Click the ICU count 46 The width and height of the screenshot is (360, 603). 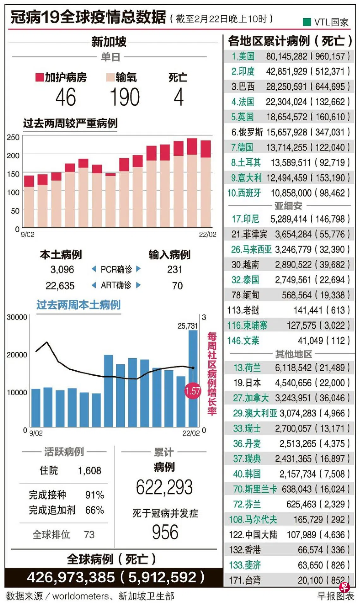(66, 97)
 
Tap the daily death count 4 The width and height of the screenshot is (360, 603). (178, 97)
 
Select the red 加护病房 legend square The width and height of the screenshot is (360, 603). (39, 77)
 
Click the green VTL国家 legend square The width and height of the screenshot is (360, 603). (306, 22)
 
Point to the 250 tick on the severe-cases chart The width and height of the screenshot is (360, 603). (13, 137)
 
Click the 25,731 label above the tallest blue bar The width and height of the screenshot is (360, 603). (188, 326)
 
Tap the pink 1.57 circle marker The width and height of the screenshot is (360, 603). (193, 391)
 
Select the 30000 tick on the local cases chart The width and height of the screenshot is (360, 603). (17, 317)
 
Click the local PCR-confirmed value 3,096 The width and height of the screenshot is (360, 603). (62, 270)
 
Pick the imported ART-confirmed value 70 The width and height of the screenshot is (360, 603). (177, 286)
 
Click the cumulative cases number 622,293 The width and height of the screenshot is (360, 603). (164, 487)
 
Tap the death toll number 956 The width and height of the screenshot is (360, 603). (165, 532)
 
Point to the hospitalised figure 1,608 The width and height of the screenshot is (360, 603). (90, 471)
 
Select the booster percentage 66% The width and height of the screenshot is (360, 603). (94, 510)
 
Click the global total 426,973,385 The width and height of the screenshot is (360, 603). (71, 577)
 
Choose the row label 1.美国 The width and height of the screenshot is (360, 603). (243, 57)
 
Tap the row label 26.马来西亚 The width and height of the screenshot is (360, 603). (251, 249)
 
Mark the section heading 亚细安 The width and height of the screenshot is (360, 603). (288, 206)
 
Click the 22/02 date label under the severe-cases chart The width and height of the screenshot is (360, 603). (207, 235)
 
